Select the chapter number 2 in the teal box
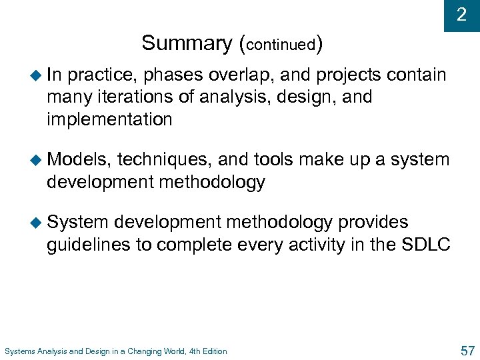[x=461, y=15]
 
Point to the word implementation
[x=109, y=120]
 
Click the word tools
[x=273, y=160]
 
